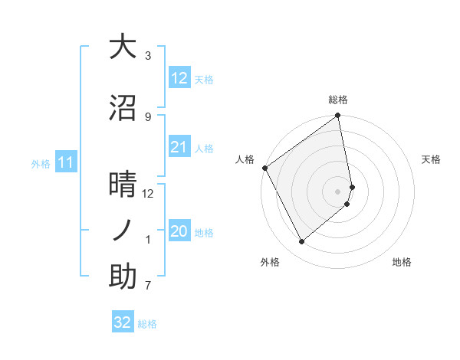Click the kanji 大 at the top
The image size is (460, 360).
pos(123,47)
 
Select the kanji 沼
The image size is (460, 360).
pos(123,106)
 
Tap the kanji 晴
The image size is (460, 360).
pos(123,185)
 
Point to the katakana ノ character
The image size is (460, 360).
pos(123,230)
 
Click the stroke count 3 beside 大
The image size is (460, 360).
pos(148,56)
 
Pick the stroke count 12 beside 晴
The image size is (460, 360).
pos(148,194)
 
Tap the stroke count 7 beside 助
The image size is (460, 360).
pos(148,286)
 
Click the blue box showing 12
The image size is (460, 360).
pos(179,78)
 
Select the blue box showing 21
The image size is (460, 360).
pos(179,147)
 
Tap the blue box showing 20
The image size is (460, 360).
pos(179,232)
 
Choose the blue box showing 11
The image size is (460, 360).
pos(66,162)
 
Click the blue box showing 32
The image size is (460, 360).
pos(123,322)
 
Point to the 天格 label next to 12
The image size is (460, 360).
pos(204,80)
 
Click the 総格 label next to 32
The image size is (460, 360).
pos(147,324)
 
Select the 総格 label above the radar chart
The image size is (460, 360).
pos(338,100)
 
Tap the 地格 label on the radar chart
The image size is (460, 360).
pos(402,263)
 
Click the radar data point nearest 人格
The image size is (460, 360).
pos(264,168)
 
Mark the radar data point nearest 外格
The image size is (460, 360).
pos(301,242)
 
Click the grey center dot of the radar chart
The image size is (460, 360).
pos(338,191)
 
